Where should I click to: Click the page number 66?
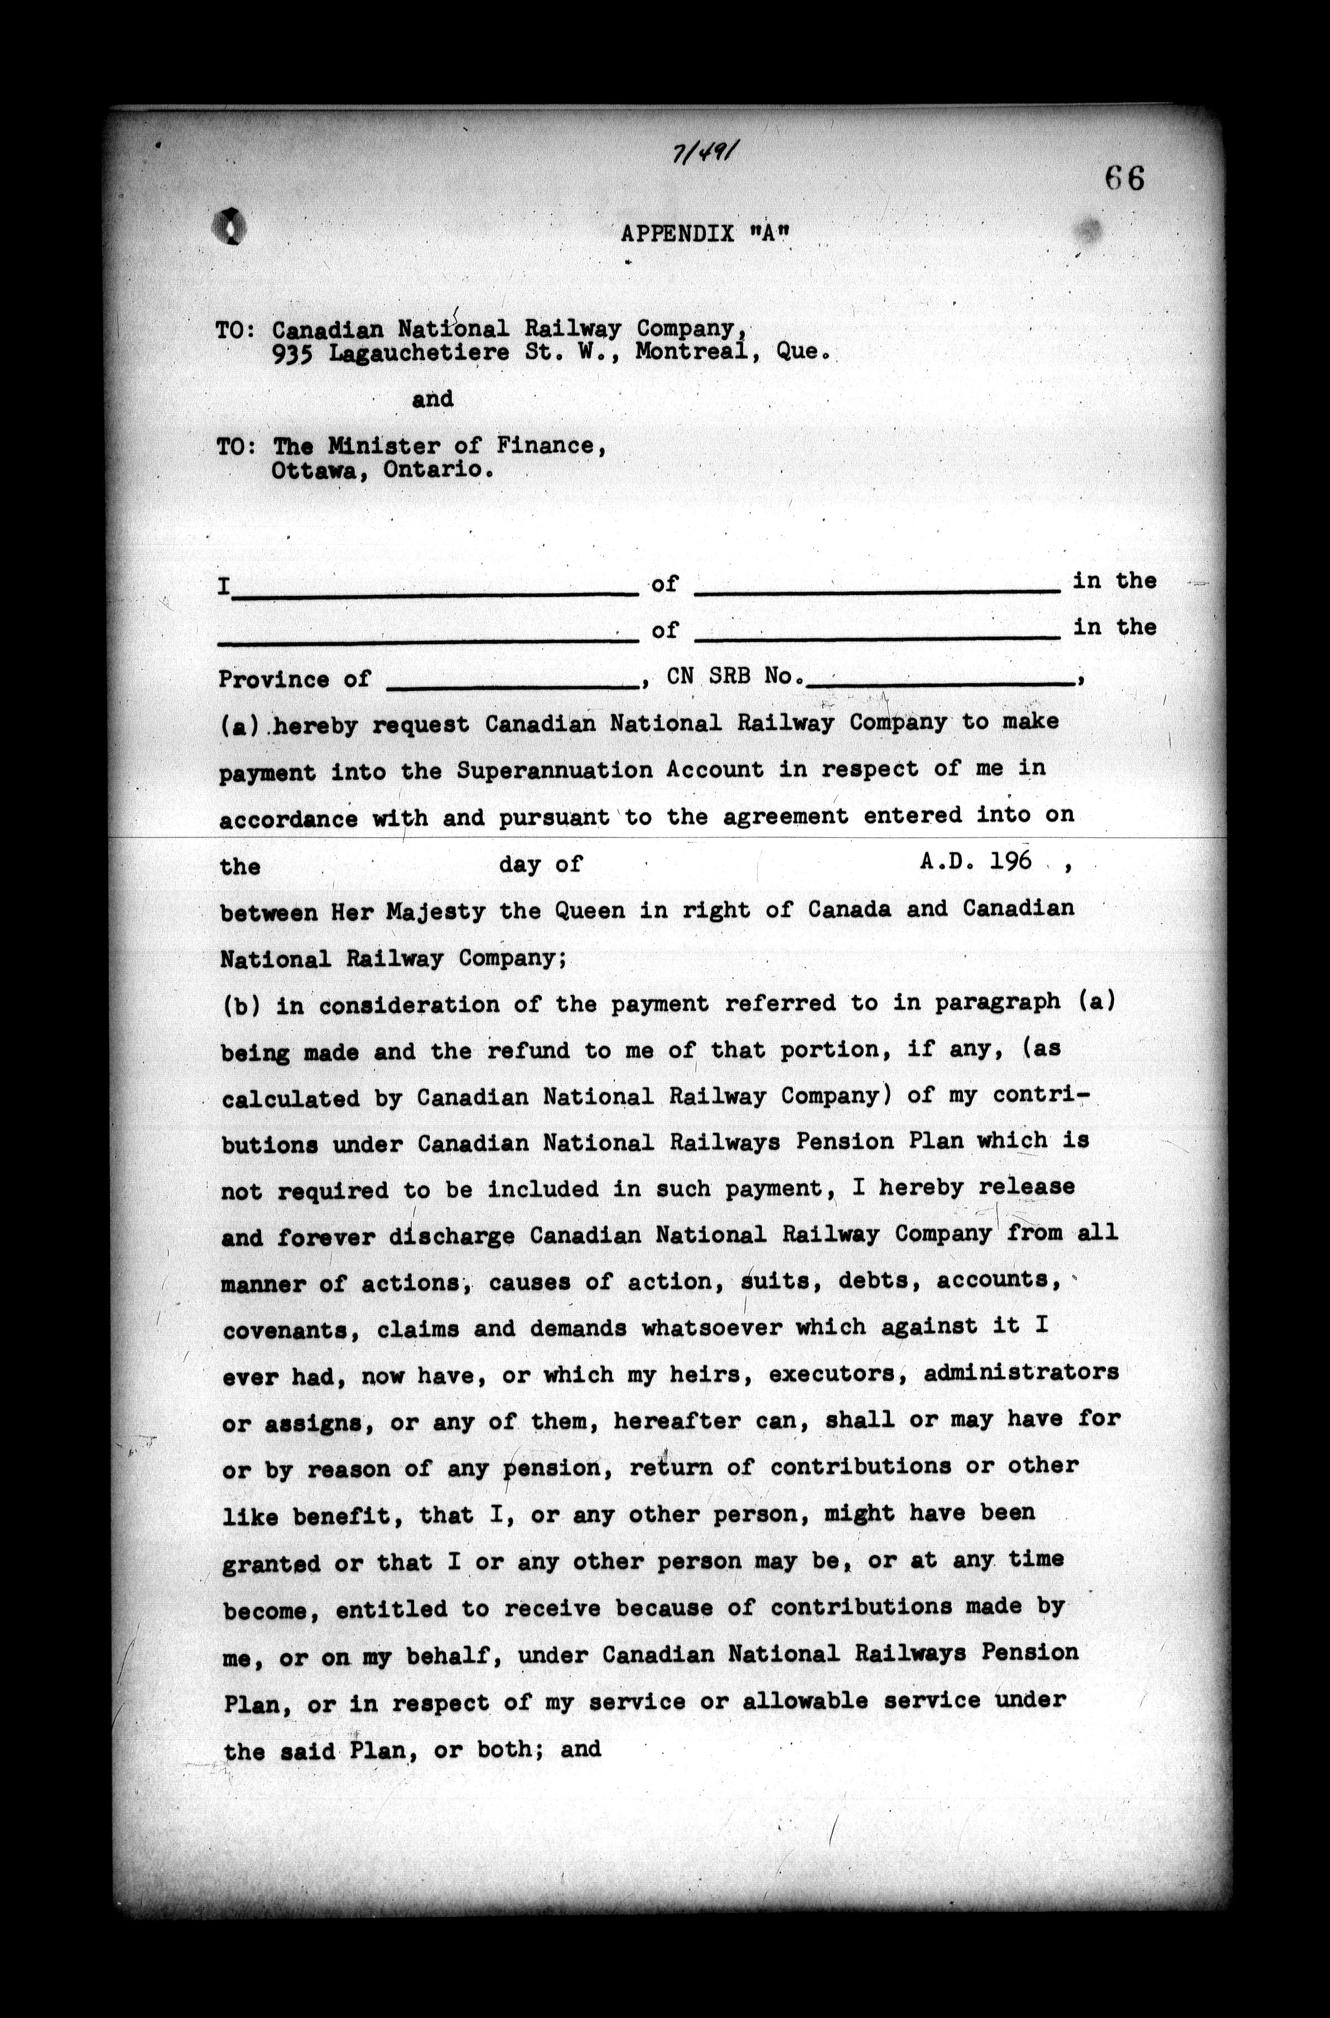1125,178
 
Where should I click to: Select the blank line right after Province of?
512,682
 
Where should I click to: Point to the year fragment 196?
1009,861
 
